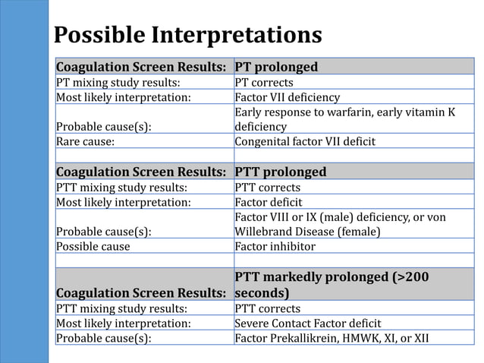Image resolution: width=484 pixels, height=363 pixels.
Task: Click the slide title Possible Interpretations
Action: point(188,36)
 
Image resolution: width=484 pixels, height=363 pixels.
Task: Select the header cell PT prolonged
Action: point(276,67)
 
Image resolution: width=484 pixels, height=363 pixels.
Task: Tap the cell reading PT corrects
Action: point(264,82)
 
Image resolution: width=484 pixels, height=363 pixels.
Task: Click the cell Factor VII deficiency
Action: point(288,97)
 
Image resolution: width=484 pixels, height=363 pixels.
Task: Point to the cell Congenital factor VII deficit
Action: point(304,141)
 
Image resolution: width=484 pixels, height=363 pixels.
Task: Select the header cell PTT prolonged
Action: point(281,172)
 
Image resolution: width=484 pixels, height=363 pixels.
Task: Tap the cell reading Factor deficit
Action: point(269,202)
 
